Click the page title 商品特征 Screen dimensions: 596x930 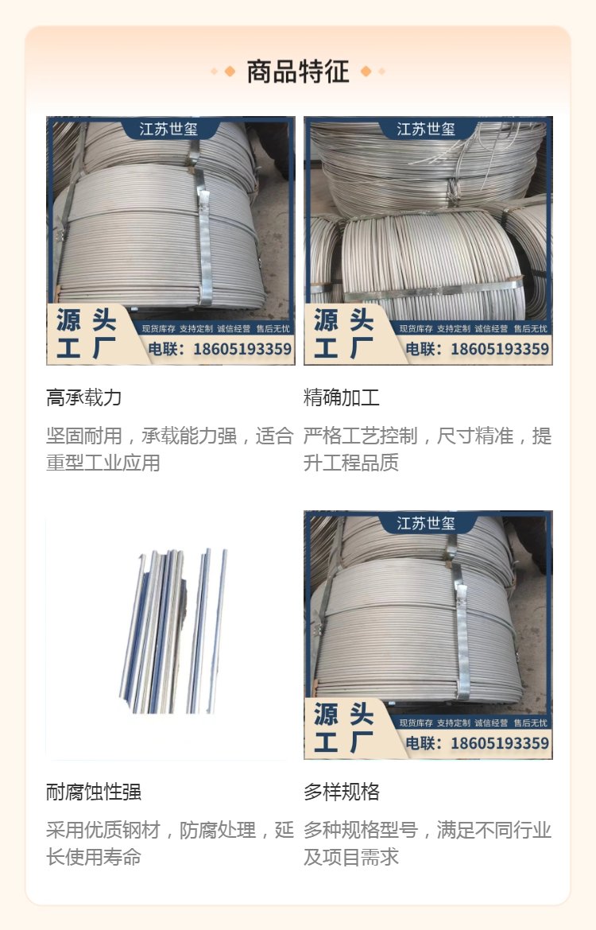click(298, 72)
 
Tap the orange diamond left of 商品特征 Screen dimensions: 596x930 click(230, 72)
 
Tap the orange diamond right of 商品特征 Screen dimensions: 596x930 click(366, 72)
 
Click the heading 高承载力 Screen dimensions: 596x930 click(83, 397)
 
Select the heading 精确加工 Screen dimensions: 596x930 click(341, 397)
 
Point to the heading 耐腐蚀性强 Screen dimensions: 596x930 click(93, 792)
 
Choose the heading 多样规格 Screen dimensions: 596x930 click(341, 792)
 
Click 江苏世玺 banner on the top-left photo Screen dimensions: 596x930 click(168, 129)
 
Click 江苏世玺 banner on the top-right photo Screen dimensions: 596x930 click(426, 129)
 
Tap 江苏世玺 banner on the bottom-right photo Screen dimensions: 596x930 click(426, 523)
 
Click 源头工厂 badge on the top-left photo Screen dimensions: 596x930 click(87, 334)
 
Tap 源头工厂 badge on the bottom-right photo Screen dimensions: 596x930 click(344, 728)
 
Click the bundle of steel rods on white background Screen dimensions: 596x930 click(172, 631)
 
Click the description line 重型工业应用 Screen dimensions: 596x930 click(103, 463)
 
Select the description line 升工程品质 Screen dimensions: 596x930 click(351, 463)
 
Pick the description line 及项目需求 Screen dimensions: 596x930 click(351, 857)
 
